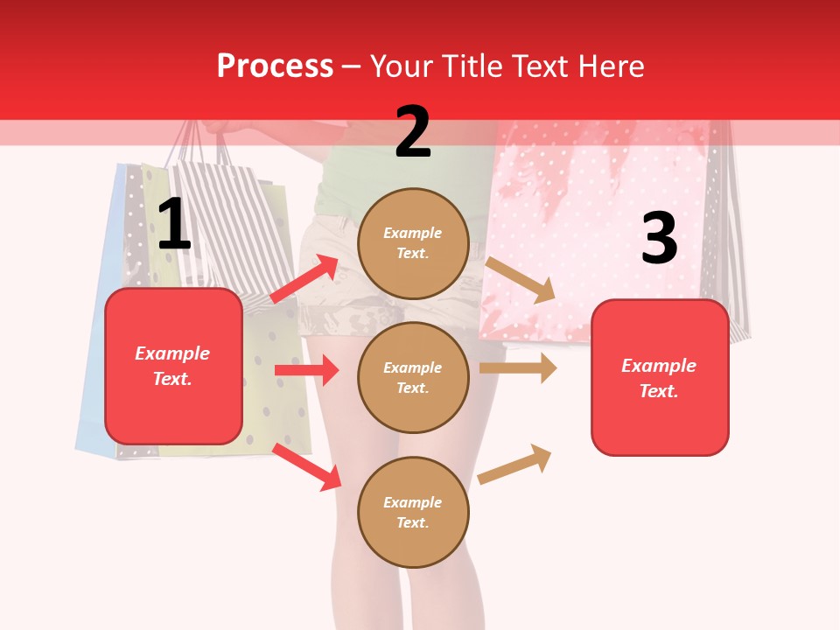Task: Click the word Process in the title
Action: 275,66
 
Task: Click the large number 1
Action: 173,225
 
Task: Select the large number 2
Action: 412,132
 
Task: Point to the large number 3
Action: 659,239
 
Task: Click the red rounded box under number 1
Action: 173,366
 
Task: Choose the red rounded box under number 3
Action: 660,377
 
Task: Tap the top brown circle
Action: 413,242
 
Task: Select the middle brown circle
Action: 413,377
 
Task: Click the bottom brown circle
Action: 413,512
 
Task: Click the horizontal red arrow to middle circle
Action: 306,370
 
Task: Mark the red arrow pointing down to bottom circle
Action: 307,465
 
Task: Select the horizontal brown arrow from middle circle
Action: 518,368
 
